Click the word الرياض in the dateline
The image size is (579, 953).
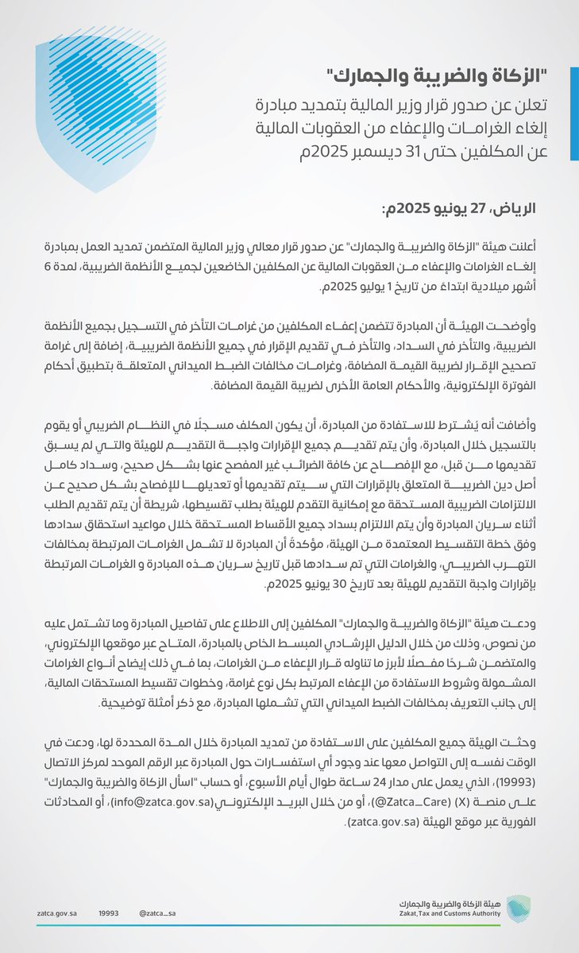click(519, 211)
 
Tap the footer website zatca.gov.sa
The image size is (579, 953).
click(55, 914)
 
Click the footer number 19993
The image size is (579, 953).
click(109, 914)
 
